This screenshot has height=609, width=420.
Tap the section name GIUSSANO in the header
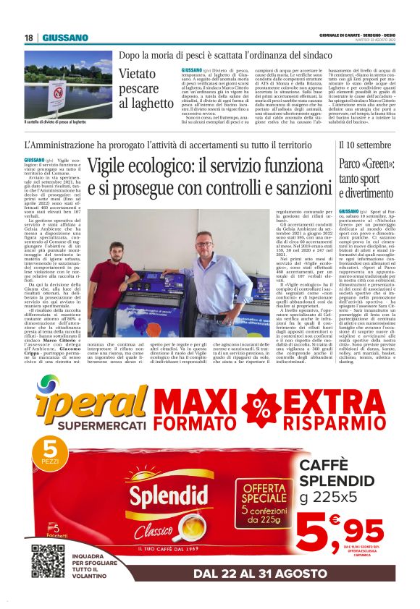65,38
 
